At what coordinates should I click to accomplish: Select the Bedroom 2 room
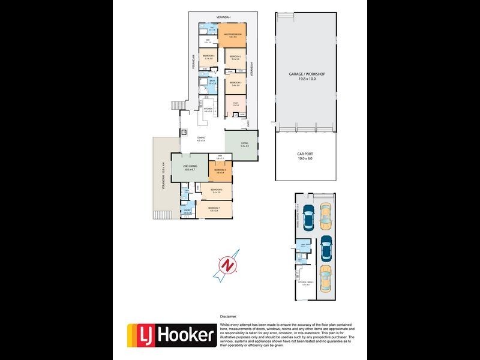coord(235,58)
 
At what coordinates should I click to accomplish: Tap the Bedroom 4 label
coord(209,56)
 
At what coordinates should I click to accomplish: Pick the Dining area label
coord(202,139)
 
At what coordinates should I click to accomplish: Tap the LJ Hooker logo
coord(172,335)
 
